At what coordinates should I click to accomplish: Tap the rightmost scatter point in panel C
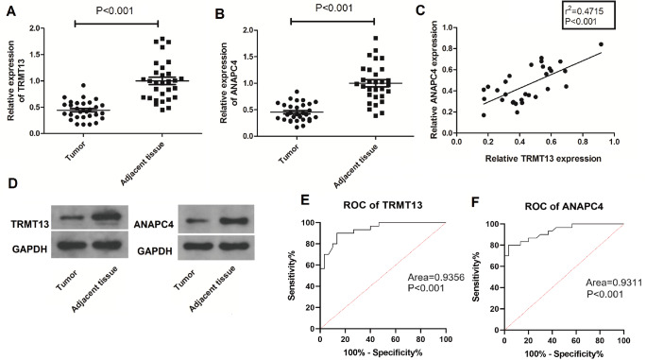(x=601, y=44)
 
